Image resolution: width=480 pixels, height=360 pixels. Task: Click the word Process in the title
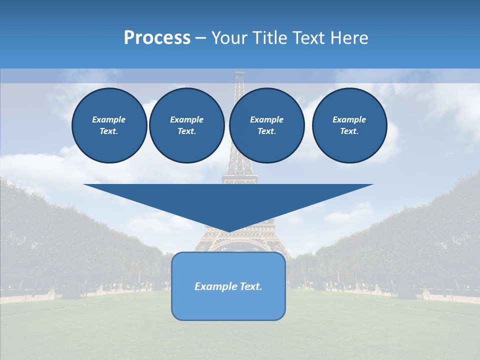(157, 38)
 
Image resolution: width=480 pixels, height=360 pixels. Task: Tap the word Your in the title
(230, 38)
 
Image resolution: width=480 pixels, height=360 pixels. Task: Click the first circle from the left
(109, 125)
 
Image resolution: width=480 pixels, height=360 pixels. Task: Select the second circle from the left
(186, 125)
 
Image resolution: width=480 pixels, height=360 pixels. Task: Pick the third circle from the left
(266, 125)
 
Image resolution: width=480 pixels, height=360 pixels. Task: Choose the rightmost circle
(349, 125)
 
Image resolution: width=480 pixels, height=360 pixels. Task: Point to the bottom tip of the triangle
(228, 231)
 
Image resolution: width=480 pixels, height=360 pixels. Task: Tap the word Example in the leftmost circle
(109, 119)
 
